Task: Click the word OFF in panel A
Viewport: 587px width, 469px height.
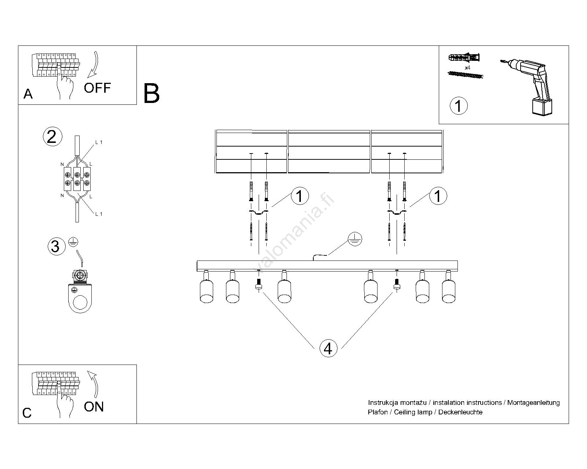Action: (97, 88)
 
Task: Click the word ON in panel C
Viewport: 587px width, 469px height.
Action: (94, 407)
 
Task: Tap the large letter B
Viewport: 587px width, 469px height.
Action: (152, 94)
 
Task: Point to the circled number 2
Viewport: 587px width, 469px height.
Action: (52, 137)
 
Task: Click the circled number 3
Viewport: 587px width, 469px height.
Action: (55, 246)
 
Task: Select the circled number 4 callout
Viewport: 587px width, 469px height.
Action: (328, 348)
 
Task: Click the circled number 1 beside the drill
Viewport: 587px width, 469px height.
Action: (458, 106)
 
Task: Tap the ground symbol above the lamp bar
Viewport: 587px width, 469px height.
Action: (355, 239)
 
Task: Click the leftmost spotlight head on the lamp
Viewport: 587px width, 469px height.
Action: (206, 291)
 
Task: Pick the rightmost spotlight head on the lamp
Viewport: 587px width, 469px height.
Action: (448, 291)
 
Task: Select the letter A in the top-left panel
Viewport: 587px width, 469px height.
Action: (28, 94)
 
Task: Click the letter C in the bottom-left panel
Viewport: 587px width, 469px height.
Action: (27, 413)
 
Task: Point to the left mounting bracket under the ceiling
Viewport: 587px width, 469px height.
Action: (259, 213)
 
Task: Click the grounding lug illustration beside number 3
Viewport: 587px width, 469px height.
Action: (81, 291)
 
